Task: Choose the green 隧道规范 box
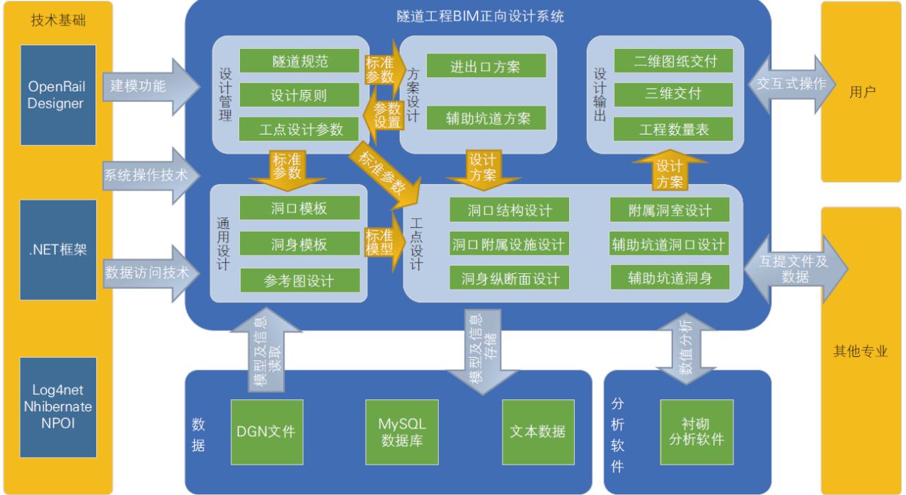299,61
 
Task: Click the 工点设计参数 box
299,130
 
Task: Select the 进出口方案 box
486,67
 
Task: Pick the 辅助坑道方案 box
486,118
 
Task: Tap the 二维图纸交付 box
673,61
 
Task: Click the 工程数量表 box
673,130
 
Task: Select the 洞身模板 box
299,244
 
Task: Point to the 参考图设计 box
299,280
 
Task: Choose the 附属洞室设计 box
670,210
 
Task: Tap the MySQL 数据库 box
402,432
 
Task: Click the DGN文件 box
267,432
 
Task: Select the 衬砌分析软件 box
696,432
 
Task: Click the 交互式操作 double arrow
791,84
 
